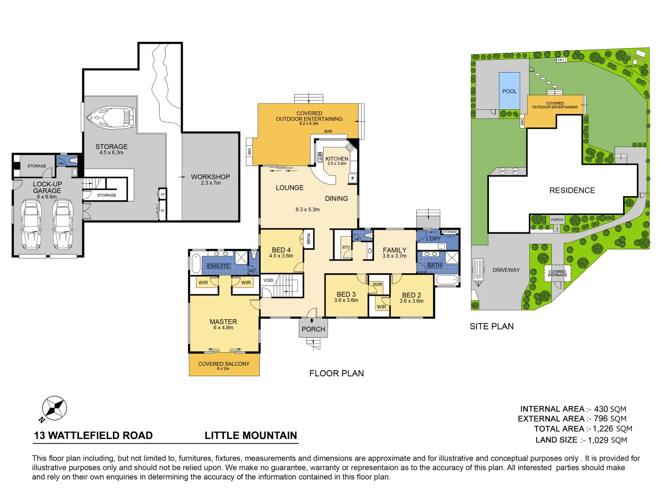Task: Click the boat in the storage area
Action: [x=111, y=118]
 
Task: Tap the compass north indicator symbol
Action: [x=54, y=408]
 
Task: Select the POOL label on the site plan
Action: [x=510, y=91]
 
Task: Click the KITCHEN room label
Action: [x=337, y=159]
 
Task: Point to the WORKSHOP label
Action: [x=210, y=177]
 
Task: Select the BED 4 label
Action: [x=281, y=250]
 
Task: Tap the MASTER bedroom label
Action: [x=223, y=322]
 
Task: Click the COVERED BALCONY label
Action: [x=224, y=364]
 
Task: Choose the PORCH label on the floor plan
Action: [x=314, y=329]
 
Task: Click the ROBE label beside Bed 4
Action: [x=308, y=239]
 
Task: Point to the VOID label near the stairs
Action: [x=269, y=280]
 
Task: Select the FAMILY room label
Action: [x=395, y=250]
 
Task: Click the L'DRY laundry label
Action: [x=433, y=239]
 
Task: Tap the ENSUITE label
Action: [x=218, y=266]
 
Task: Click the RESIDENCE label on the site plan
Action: [x=572, y=191]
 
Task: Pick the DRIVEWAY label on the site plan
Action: [x=506, y=270]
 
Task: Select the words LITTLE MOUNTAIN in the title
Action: [x=251, y=435]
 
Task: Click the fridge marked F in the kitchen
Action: [x=353, y=178]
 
